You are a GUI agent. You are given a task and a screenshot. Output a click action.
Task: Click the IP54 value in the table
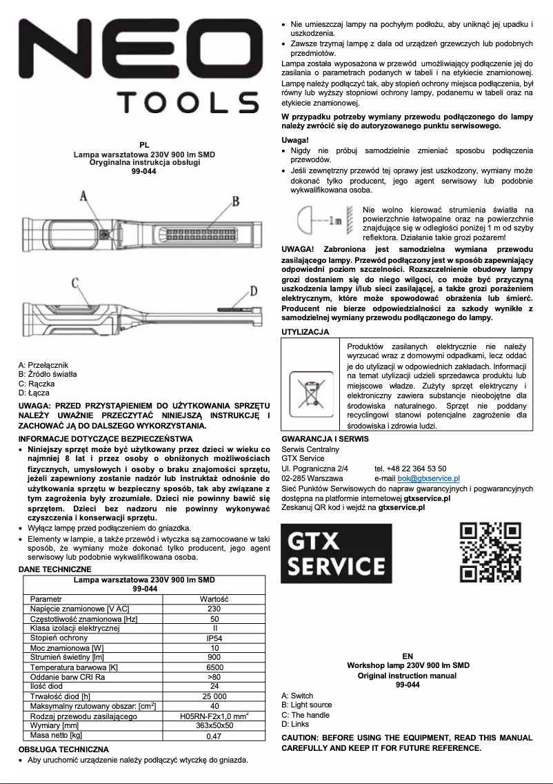tap(214, 638)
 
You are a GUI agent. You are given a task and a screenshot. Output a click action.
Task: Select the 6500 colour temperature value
tap(214, 667)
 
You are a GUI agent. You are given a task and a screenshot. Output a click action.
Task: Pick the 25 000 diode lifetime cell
tap(214, 696)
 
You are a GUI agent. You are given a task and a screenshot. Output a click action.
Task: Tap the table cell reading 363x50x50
tap(214, 725)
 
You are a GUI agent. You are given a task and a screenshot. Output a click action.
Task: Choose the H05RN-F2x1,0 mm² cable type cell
tap(214, 716)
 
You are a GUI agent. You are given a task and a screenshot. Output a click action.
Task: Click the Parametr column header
tap(46, 599)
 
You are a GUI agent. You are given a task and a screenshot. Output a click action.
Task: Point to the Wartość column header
tap(214, 599)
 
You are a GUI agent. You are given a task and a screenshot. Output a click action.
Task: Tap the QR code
tap(490, 553)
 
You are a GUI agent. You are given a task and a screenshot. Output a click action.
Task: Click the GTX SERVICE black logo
tap(336, 553)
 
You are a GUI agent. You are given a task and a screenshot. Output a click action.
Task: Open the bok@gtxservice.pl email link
tap(428, 478)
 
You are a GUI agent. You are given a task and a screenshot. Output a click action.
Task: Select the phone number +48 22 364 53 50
tap(410, 468)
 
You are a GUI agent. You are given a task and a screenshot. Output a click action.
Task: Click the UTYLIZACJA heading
tap(305, 332)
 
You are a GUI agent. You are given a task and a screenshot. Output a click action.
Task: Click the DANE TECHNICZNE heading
tap(54, 569)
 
